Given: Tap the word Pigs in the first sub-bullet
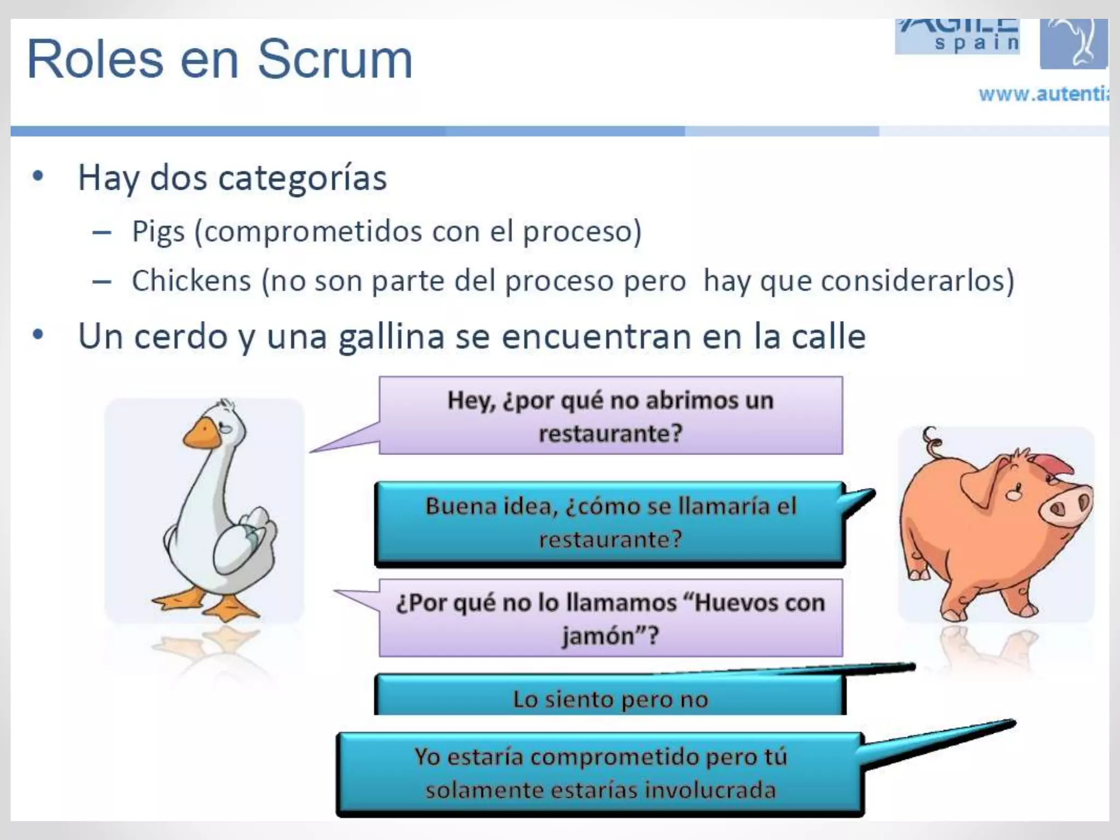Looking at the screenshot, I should (159, 232).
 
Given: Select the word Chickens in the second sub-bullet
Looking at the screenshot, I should (191, 281).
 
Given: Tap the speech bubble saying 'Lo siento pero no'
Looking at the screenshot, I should (610, 698).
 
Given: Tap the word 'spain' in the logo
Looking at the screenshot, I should (977, 43).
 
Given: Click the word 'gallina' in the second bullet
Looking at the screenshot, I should (392, 336).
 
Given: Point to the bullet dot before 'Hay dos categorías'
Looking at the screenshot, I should (38, 176).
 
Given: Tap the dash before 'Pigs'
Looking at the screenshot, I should (102, 233).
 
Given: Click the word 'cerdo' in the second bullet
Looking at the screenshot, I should (180, 336).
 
